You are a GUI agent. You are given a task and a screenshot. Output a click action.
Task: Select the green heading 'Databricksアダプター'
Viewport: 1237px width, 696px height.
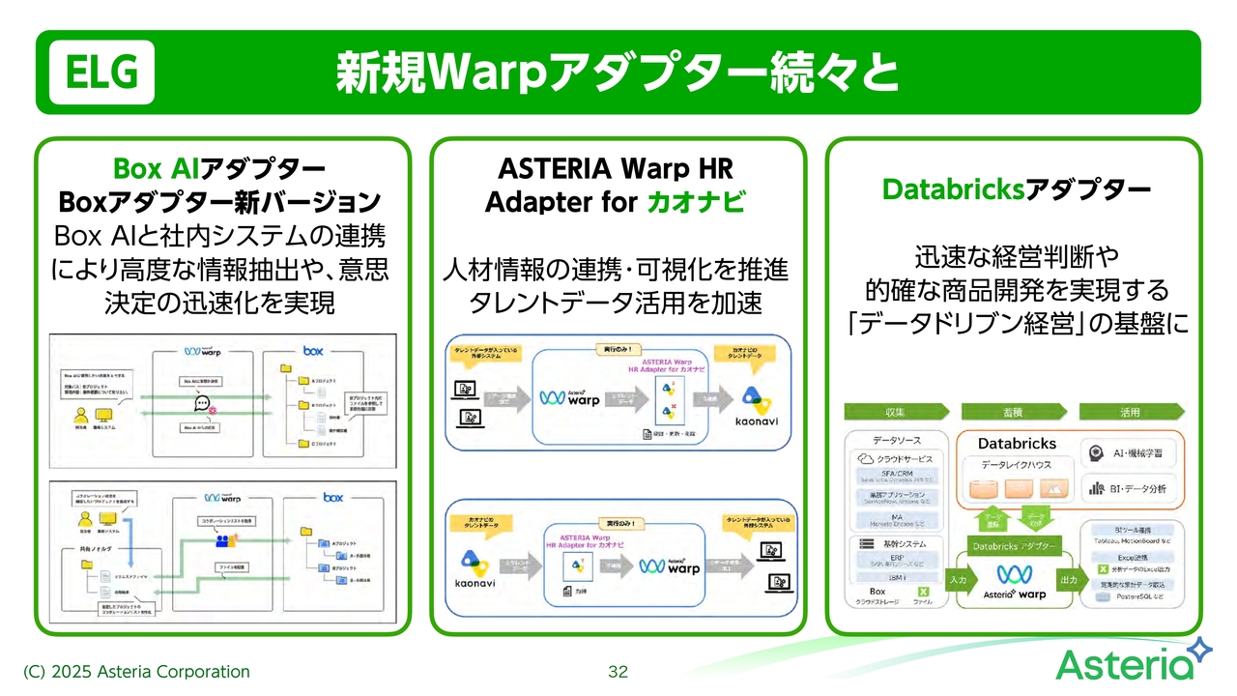(x=1016, y=189)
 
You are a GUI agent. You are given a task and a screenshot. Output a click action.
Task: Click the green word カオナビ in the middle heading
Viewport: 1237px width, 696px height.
(x=693, y=203)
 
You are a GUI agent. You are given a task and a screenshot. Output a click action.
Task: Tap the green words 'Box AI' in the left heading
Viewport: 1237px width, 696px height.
(x=156, y=168)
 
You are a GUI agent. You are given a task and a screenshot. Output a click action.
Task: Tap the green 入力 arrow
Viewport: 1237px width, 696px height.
(x=959, y=581)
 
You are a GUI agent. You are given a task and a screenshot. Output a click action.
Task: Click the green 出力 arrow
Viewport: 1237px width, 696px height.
(x=1069, y=581)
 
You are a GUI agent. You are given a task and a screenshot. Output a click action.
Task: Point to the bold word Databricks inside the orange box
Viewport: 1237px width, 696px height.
(x=1017, y=443)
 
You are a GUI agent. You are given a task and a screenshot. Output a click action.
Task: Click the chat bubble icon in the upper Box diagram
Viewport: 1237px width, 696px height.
(x=202, y=403)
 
